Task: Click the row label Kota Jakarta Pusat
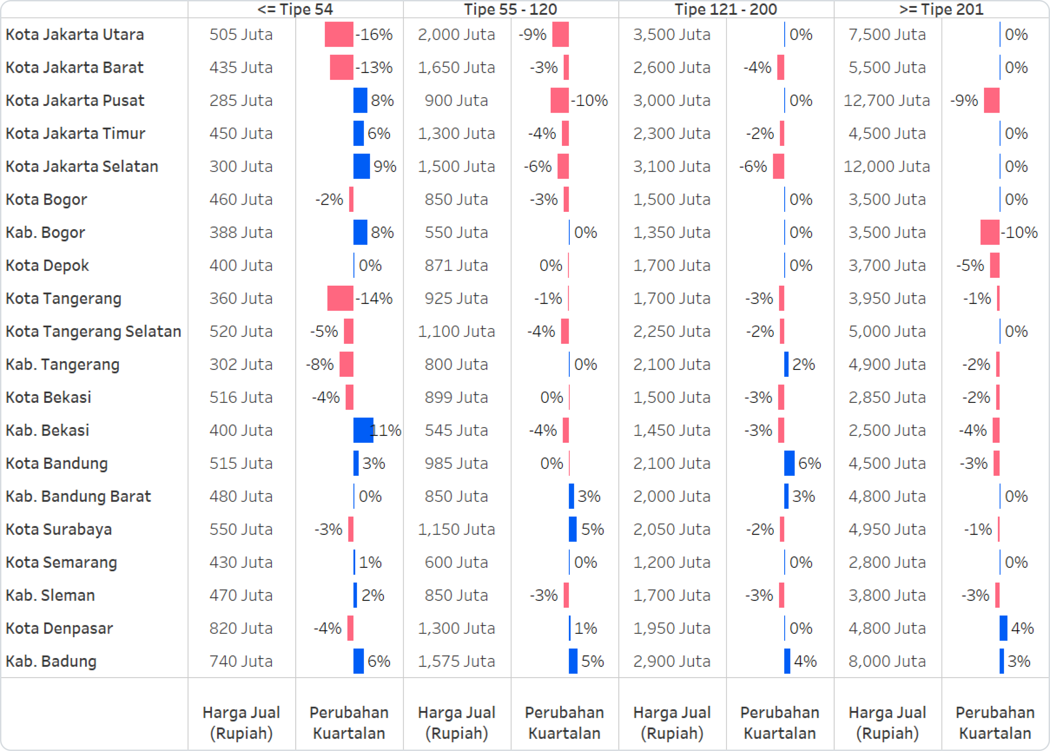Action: tap(75, 100)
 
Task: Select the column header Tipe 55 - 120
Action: tap(510, 9)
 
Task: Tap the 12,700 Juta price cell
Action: tap(886, 100)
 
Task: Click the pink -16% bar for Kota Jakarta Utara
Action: tap(339, 34)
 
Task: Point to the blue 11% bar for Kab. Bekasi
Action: tap(363, 430)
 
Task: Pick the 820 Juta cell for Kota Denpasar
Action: tap(241, 628)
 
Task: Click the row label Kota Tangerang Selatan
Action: tap(93, 331)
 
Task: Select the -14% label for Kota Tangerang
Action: tap(374, 298)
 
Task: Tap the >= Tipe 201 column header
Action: tap(941, 9)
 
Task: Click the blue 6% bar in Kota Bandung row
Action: tap(789, 463)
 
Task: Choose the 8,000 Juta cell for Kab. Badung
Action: tap(887, 661)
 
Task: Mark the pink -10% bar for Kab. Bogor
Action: tap(990, 232)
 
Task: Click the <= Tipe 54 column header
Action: tap(295, 9)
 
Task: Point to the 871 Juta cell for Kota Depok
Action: tap(456, 265)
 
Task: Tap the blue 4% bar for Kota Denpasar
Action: tap(1003, 628)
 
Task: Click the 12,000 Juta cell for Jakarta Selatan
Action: tap(886, 166)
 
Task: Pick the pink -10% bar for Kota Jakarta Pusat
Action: tap(559, 100)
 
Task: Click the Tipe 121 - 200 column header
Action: tap(725, 9)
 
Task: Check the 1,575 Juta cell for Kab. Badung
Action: tap(456, 661)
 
